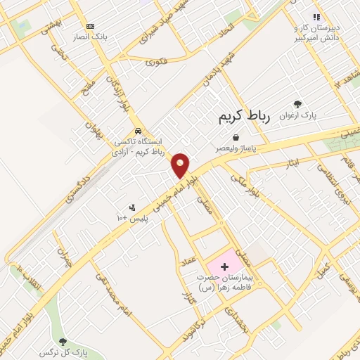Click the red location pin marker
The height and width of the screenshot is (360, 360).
pos(181,165)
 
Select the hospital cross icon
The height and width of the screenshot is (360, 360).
pos(225,267)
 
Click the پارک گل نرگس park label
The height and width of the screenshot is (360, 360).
pos(72,351)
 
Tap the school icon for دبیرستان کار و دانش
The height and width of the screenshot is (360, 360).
pos(316,17)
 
